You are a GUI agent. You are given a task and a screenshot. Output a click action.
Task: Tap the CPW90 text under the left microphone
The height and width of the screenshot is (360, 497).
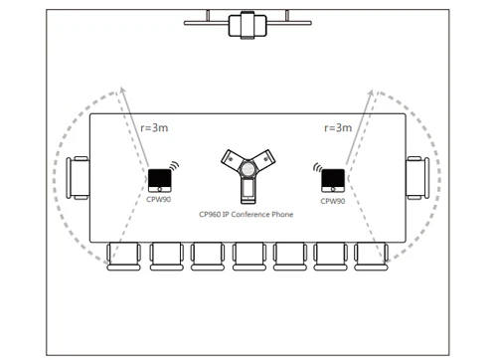tap(160, 201)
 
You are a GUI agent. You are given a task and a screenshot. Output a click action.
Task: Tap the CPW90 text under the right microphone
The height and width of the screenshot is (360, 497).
tap(332, 201)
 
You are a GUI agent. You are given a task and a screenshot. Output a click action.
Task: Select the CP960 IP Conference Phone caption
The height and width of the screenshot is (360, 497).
tap(247, 214)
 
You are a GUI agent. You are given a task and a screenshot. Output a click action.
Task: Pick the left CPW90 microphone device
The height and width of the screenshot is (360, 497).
tap(159, 180)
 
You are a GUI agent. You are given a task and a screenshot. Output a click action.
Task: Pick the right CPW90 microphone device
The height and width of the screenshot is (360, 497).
tap(332, 180)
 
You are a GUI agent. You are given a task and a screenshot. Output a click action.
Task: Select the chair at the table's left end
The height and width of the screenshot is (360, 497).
tap(78, 177)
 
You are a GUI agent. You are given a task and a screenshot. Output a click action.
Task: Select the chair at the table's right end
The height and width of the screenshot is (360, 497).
tap(415, 177)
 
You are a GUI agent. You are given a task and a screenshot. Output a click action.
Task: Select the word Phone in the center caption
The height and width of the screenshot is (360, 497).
tap(280, 214)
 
